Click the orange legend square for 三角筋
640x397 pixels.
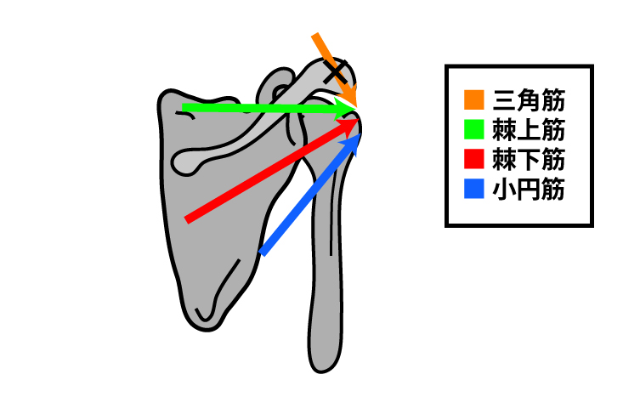pyautogui.click(x=474, y=100)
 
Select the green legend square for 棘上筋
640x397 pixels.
pyautogui.click(x=474, y=129)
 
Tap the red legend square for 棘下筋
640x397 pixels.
pyautogui.click(x=474, y=159)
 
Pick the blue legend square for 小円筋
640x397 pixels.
pyautogui.click(x=474, y=189)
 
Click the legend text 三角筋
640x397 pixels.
pyautogui.click(x=529, y=100)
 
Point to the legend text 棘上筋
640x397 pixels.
pyautogui.click(x=529, y=130)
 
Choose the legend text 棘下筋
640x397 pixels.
pyautogui.click(x=529, y=159)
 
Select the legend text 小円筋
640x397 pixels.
pyautogui.click(x=529, y=189)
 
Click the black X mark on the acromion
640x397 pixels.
pyautogui.click(x=336, y=72)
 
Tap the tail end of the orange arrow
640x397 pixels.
pyautogui.click(x=314, y=35)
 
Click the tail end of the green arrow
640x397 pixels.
pyautogui.click(x=183, y=108)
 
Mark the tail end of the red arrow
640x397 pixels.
pyautogui.click(x=187, y=219)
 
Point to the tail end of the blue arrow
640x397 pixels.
pyautogui.click(x=263, y=252)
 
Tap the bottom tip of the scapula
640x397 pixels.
pyautogui.click(x=207, y=329)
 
